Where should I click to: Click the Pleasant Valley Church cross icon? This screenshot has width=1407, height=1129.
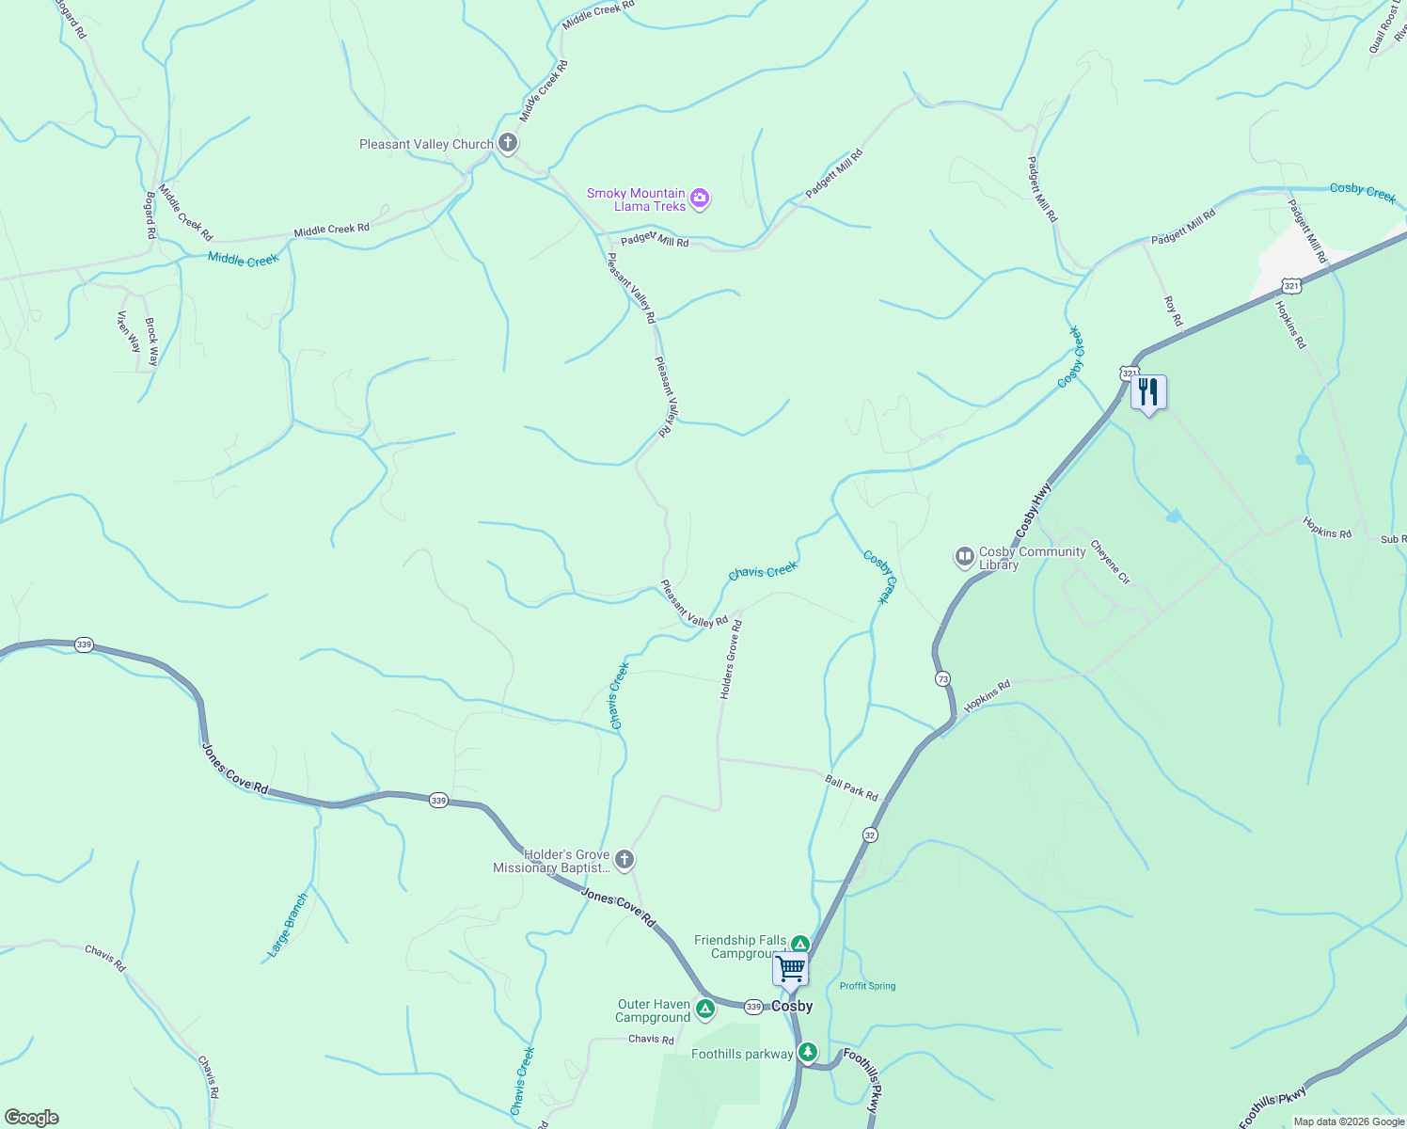pyautogui.click(x=507, y=143)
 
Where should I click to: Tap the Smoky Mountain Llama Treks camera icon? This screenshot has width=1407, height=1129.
pyautogui.click(x=699, y=199)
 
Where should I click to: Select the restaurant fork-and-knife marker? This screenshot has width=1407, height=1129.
pyautogui.click(x=1148, y=391)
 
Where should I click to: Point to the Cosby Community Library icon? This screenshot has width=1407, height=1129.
pyautogui.click(x=964, y=557)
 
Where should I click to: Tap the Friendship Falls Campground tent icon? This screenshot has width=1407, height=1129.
pyautogui.click(x=799, y=945)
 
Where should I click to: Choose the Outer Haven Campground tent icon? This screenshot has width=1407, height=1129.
pyautogui.click(x=705, y=1010)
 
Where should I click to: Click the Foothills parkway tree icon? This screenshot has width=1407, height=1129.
pyautogui.click(x=807, y=1052)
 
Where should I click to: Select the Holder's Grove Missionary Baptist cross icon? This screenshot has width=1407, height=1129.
pyautogui.click(x=624, y=859)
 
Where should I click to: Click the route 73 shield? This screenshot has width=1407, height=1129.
pyautogui.click(x=942, y=678)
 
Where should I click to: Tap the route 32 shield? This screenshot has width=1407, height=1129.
pyautogui.click(x=869, y=835)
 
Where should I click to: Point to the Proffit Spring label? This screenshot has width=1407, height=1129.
pyautogui.click(x=867, y=986)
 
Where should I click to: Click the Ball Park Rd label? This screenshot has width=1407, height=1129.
pyautogui.click(x=851, y=787)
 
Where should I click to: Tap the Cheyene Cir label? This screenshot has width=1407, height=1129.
pyautogui.click(x=1110, y=562)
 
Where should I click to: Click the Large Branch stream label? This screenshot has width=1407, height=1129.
pyautogui.click(x=288, y=926)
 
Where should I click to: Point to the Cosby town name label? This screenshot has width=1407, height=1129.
pyautogui.click(x=792, y=1006)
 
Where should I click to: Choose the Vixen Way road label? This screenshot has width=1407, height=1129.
pyautogui.click(x=128, y=332)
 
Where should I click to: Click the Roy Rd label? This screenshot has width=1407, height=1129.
pyautogui.click(x=1173, y=311)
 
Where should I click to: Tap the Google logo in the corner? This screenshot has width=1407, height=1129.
pyautogui.click(x=31, y=1118)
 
